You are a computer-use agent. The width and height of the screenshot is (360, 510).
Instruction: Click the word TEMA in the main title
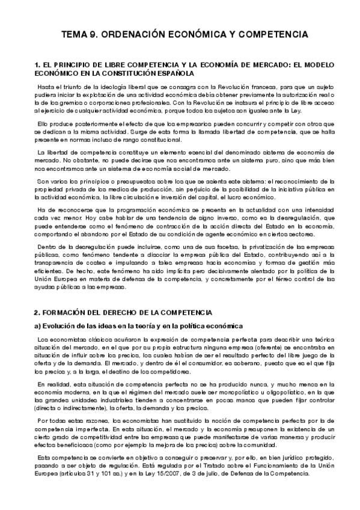pos(75,35)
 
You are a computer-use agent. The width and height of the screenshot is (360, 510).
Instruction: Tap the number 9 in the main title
pos(97,35)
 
